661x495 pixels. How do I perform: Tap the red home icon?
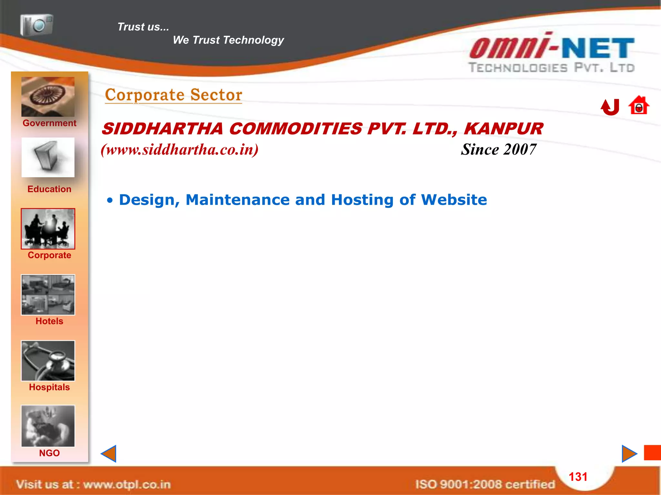tap(639, 105)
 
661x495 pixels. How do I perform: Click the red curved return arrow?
tap(610, 107)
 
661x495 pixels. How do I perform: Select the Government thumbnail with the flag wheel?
tap(48, 97)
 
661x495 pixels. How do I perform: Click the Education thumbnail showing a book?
tap(48, 157)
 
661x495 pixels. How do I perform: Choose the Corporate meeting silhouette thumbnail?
tap(48, 228)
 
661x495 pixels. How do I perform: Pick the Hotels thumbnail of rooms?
tap(48, 295)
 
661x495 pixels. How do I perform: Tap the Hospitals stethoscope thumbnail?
tap(48, 361)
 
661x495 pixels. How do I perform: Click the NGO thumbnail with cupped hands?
tap(48, 426)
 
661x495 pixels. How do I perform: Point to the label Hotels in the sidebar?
tap(49, 321)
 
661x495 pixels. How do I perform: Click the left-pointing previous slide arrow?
tap(108, 453)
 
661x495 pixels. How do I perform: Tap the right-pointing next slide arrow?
tap(629, 453)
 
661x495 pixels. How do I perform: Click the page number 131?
tap(578, 477)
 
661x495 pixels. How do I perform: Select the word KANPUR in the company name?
tap(503, 129)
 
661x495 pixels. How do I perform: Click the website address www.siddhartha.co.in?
tap(180, 150)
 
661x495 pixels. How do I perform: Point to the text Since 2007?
tap(498, 150)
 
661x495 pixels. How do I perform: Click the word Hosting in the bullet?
tap(362, 200)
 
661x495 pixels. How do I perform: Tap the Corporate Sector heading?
tap(174, 95)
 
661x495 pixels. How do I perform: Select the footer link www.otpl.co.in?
tap(127, 484)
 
